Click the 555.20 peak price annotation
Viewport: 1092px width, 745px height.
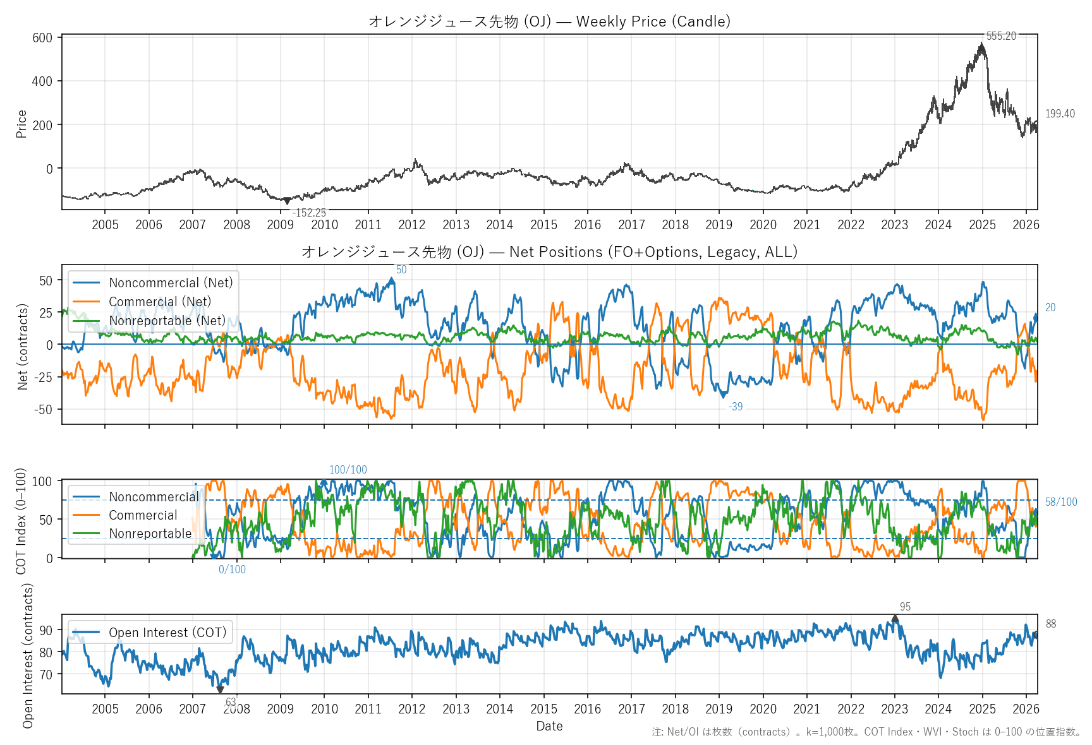tap(1001, 36)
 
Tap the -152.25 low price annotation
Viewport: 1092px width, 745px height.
tap(309, 213)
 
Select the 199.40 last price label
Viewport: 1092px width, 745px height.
tap(1060, 114)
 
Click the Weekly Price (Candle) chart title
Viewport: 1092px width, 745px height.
tap(549, 21)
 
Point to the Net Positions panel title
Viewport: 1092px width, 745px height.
tap(549, 252)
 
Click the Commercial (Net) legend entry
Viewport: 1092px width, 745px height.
tap(160, 302)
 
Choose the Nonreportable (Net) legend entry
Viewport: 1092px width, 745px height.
tap(167, 321)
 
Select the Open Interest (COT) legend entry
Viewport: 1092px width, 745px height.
tap(167, 633)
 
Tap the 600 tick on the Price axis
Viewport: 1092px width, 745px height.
tap(42, 38)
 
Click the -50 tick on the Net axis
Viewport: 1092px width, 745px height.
tap(44, 409)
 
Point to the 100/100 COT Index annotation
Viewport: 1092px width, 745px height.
tap(348, 470)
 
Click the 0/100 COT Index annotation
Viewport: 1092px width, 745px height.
tap(232, 569)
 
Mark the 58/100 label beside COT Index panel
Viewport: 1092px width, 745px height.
tap(1061, 502)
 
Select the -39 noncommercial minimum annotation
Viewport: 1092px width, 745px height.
tap(735, 407)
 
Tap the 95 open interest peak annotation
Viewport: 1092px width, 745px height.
tap(905, 607)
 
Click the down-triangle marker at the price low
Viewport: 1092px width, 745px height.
tap(287, 201)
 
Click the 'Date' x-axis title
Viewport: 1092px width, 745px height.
tap(549, 726)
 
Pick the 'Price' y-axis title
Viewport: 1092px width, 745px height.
tap(21, 124)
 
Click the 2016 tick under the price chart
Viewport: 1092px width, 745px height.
tap(587, 225)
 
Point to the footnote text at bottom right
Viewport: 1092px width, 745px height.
tap(866, 732)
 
